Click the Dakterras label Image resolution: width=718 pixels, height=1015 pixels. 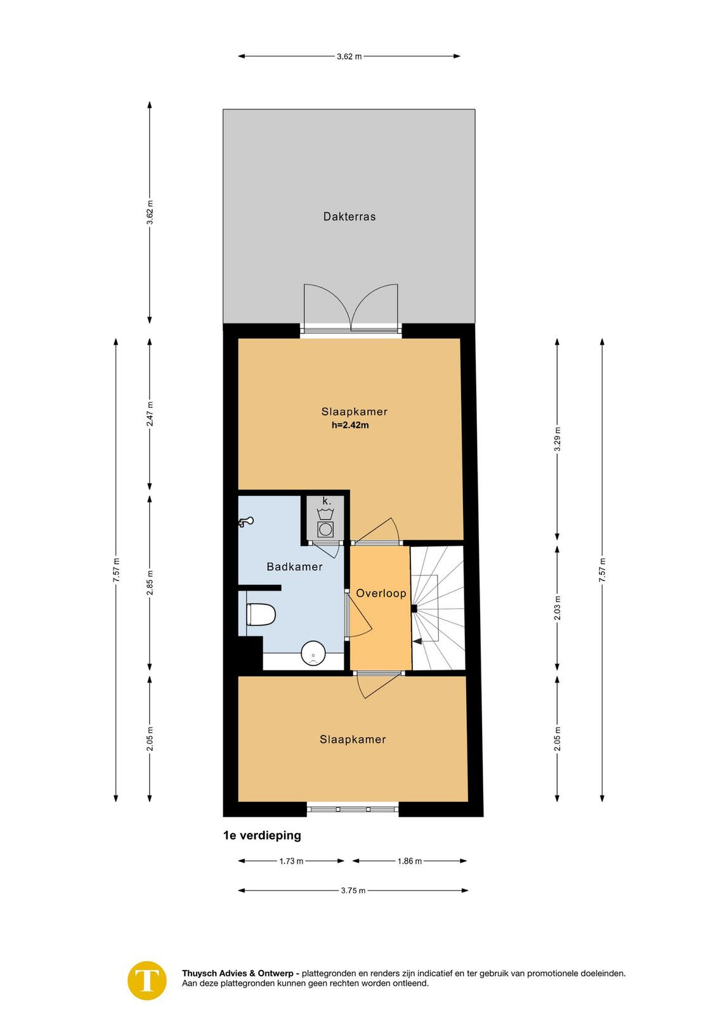(x=349, y=216)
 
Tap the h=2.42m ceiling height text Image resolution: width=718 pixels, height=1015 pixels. (x=350, y=426)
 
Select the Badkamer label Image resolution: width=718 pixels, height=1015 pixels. (x=294, y=566)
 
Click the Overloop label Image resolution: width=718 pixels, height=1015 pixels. (x=381, y=593)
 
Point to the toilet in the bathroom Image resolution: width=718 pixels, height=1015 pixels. (x=261, y=615)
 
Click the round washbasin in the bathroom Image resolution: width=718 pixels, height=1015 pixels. (x=313, y=653)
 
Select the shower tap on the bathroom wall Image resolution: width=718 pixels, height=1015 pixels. (x=245, y=522)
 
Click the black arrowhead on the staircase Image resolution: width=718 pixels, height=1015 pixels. (x=417, y=641)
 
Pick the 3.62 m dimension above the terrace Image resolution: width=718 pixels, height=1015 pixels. (x=349, y=56)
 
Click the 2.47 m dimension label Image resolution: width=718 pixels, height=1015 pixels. (x=150, y=414)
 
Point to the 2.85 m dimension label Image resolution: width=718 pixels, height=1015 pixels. (x=150, y=583)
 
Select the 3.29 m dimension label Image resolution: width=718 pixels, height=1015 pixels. (x=558, y=439)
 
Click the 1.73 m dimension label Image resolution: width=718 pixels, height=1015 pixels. (x=291, y=861)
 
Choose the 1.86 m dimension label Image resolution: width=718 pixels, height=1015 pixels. (x=410, y=861)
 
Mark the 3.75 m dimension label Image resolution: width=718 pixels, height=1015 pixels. (x=353, y=891)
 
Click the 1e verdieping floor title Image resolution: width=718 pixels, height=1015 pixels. (x=262, y=835)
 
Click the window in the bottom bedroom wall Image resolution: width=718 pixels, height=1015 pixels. (x=353, y=809)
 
